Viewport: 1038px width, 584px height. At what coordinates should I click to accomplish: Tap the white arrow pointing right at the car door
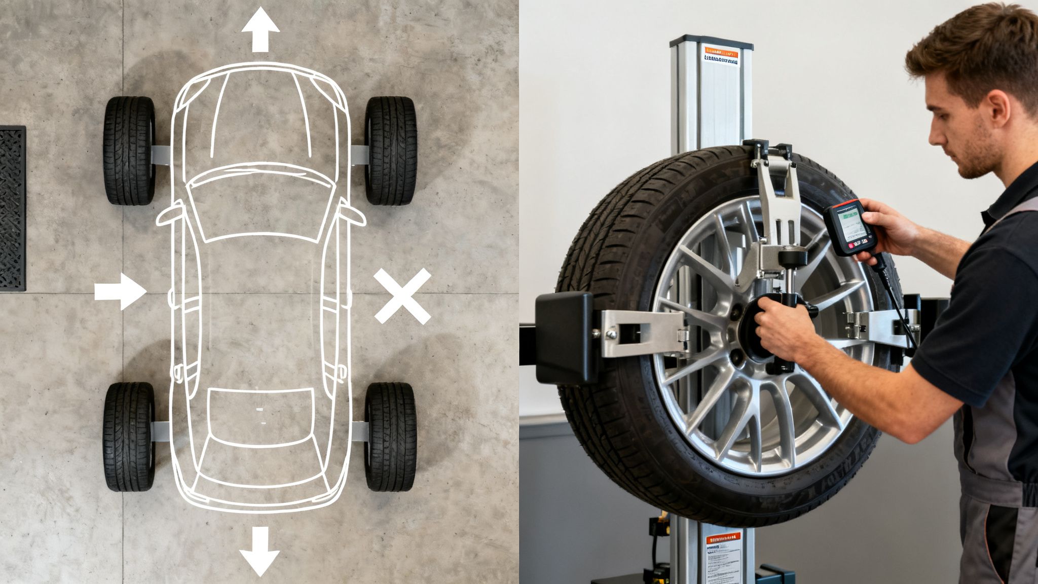click(121, 291)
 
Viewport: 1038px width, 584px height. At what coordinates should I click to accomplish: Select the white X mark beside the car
click(402, 297)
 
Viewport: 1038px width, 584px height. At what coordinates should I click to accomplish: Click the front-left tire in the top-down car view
click(129, 151)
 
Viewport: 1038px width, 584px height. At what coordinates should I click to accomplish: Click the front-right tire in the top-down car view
click(390, 151)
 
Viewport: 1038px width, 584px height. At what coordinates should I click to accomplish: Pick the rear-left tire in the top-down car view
click(129, 436)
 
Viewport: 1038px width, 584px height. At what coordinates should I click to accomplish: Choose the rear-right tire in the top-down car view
click(390, 436)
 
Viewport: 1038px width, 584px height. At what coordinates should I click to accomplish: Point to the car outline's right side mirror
click(353, 215)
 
